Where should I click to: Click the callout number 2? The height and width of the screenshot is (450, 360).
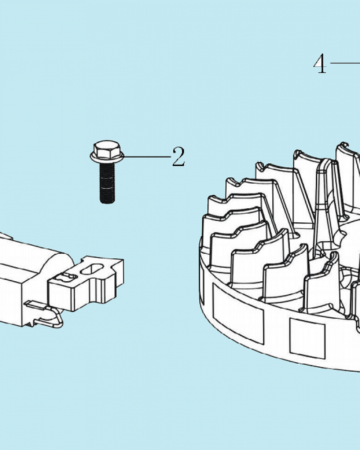178,157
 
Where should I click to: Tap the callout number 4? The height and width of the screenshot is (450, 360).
320,63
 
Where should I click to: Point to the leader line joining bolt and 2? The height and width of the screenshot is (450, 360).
147,157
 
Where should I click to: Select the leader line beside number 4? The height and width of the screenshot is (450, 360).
345,63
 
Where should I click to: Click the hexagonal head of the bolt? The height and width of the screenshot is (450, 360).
107,148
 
